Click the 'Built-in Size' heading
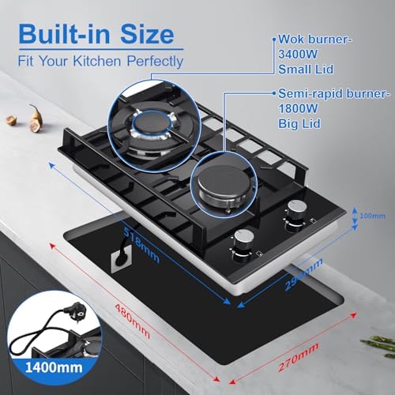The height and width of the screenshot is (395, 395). coord(96,34)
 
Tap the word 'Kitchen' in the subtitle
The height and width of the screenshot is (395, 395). coord(97,61)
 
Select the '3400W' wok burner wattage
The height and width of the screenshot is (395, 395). coord(298,55)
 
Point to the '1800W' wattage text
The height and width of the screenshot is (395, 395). coord(298,108)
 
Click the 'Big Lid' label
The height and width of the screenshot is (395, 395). coord(299,123)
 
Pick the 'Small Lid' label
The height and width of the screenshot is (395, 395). coord(306,70)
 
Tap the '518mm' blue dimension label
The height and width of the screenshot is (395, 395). coord(142,244)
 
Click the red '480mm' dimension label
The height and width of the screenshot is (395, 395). coord(133,322)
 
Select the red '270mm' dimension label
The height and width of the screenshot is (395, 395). coord(299,357)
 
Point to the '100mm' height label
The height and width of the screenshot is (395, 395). coord(372,216)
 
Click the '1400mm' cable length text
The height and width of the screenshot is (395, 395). coord(54,367)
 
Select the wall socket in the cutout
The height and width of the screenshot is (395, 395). coord(122,261)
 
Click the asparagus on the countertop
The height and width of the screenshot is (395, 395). coord(379,346)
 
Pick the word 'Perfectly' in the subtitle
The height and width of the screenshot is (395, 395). coord(155,62)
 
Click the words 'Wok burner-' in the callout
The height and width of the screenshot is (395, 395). coord(315,39)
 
